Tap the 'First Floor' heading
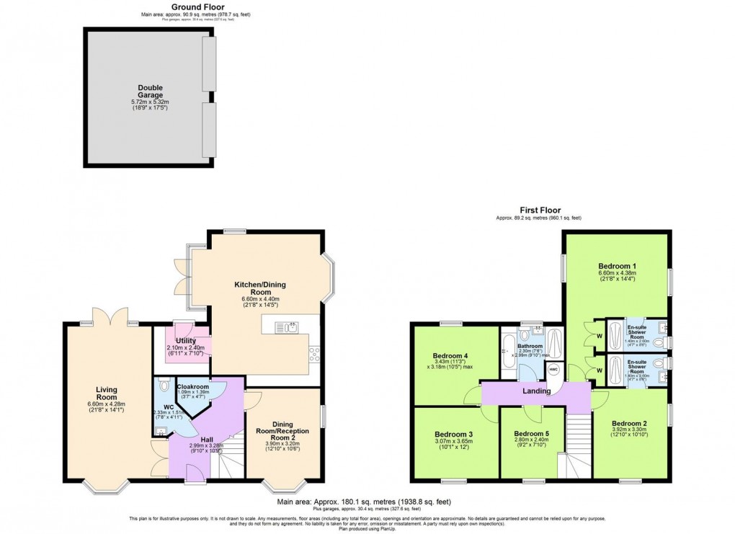[538, 210]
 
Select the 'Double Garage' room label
[151, 91]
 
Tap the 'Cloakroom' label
[192, 387]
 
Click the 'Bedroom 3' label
[453, 434]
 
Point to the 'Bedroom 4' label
[450, 355]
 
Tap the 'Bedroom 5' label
[532, 434]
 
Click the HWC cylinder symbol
[553, 370]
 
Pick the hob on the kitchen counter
[313, 354]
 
